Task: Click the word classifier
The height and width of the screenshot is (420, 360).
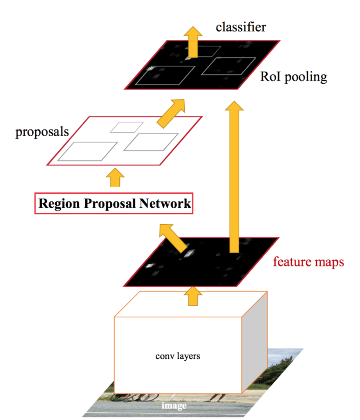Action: click(241, 27)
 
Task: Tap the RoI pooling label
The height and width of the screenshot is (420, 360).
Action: click(294, 77)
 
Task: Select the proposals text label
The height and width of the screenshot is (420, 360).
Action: click(42, 132)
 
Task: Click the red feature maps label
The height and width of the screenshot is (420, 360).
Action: click(308, 262)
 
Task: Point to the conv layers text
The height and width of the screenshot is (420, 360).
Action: click(178, 356)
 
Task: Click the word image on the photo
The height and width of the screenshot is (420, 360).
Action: click(174, 405)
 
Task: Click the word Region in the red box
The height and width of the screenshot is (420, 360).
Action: click(59, 204)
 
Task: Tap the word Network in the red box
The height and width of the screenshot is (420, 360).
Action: click(165, 203)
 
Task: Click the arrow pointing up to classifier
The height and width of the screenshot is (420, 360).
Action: click(193, 42)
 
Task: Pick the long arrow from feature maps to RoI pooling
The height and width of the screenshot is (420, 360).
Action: click(234, 177)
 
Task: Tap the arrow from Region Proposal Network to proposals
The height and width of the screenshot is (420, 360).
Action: click(115, 177)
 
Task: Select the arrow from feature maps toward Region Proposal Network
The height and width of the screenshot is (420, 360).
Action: click(172, 237)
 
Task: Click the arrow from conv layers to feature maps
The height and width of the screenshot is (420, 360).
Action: click(193, 296)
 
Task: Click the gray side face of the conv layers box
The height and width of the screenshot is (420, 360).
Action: click(254, 342)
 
